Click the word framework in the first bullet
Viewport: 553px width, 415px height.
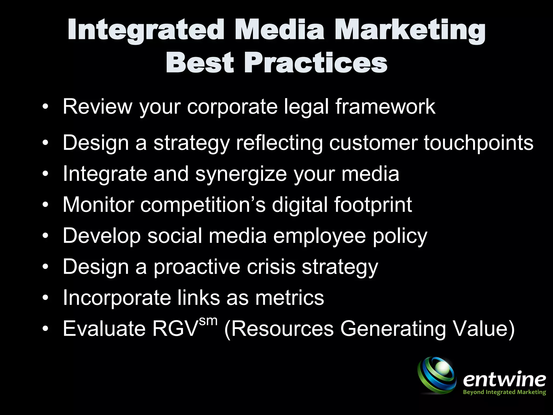386,107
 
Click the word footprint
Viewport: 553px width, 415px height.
373,205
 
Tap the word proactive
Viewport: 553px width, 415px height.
197,267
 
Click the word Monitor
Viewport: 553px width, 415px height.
98,205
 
